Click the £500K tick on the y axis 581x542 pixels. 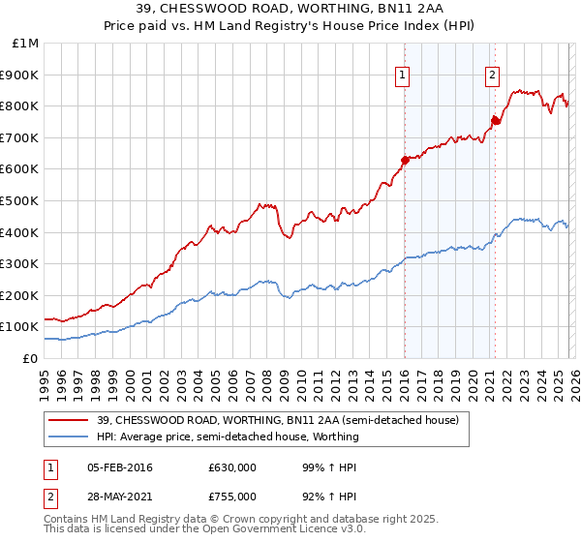click(19, 200)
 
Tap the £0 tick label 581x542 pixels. click(32, 358)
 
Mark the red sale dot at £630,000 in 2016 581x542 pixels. click(405, 160)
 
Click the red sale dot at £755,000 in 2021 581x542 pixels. click(495, 120)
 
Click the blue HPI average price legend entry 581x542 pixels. click(228, 437)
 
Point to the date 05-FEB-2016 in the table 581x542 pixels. click(120, 467)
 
